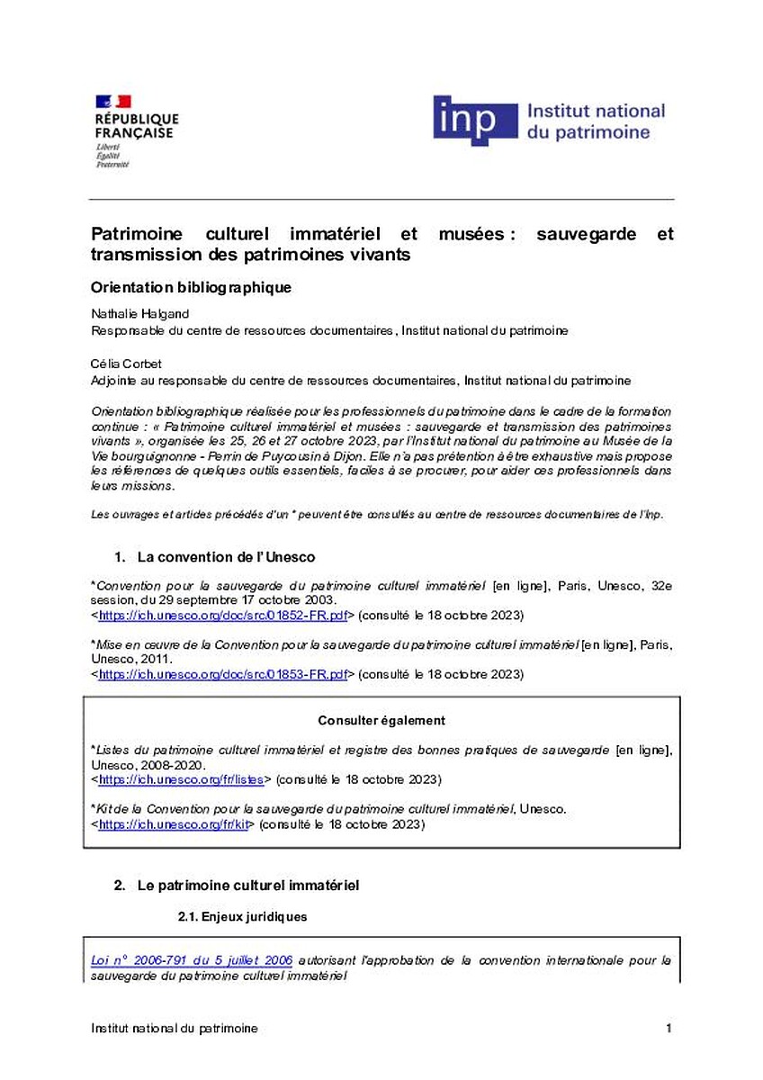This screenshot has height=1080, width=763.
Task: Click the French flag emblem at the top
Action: click(113, 101)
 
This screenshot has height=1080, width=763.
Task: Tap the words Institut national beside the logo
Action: click(595, 112)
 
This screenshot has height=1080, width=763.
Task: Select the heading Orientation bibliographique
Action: click(192, 288)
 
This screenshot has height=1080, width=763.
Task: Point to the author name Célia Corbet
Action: click(124, 364)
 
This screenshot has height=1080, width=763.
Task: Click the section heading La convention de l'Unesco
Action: click(226, 558)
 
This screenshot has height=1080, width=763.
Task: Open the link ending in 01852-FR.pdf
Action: click(223, 616)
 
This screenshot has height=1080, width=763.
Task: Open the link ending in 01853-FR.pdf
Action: click(223, 674)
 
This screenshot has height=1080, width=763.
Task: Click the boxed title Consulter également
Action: click(381, 720)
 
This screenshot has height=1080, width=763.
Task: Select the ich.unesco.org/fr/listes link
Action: click(184, 778)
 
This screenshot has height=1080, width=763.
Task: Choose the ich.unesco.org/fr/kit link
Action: click(173, 823)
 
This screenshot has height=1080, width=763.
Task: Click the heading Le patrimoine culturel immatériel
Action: click(248, 886)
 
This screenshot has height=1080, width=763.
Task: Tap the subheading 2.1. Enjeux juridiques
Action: click(242, 917)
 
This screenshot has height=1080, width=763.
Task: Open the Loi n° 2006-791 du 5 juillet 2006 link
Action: click(192, 960)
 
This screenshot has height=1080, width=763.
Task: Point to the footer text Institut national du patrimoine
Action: click(175, 1029)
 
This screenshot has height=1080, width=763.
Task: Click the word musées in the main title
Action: click(471, 234)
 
